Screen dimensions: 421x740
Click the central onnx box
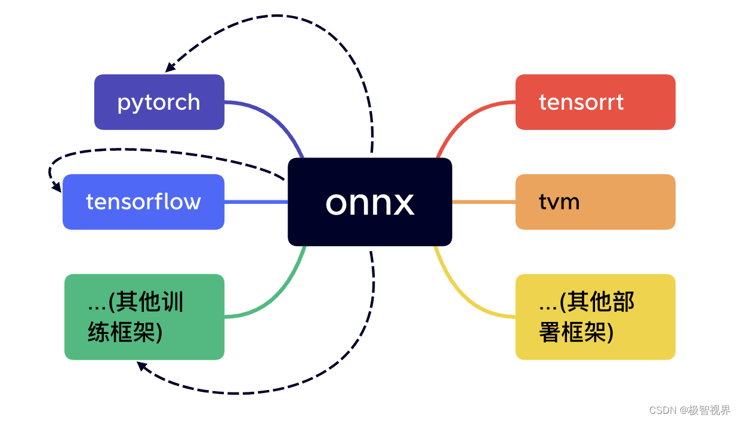coord(369,202)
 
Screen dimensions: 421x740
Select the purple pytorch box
coord(159,102)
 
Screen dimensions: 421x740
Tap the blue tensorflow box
coord(143,202)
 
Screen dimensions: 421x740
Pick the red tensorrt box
coord(595,102)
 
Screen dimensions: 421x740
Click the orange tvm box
coord(595,202)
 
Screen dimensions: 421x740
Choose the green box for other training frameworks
coord(144,317)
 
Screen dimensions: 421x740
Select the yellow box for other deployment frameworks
coord(595,317)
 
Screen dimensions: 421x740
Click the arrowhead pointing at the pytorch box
coord(170,67)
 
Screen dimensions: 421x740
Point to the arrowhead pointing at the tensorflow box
coord(57,187)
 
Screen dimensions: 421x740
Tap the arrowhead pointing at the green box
coord(141,366)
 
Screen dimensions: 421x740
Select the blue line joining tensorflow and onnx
coord(256,202)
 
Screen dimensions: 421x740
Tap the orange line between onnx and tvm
coord(483,202)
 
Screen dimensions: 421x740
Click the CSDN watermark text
coord(689,410)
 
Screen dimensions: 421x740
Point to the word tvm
coord(559,202)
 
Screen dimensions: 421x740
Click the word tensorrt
coord(581,102)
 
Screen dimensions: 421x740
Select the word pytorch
coord(159,103)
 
